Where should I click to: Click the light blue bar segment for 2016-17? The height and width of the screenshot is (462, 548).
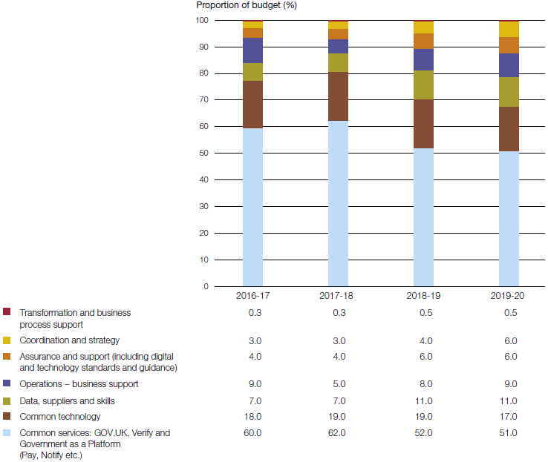click(252, 208)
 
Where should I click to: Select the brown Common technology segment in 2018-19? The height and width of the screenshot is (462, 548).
click(423, 124)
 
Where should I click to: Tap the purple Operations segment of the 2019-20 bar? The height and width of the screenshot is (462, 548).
click(509, 65)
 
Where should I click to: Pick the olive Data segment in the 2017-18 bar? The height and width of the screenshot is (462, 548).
click(338, 62)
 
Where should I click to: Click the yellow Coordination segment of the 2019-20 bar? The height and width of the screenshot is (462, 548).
click(509, 30)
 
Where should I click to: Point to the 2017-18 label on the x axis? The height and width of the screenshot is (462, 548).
click(338, 295)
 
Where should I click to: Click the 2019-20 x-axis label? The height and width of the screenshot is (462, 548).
click(509, 295)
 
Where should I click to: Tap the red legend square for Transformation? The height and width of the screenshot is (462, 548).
click(7, 312)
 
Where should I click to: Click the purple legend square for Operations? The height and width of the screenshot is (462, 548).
click(7, 384)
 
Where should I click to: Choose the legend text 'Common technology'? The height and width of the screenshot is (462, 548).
click(59, 417)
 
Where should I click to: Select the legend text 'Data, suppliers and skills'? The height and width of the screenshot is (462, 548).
click(67, 400)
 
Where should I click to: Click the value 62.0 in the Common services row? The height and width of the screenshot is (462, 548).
click(338, 433)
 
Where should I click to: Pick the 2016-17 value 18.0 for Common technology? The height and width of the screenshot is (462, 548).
click(252, 417)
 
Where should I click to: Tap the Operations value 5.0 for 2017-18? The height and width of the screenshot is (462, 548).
click(338, 384)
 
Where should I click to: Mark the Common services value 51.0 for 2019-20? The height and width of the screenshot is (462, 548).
click(509, 433)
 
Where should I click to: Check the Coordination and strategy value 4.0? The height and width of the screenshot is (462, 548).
click(423, 340)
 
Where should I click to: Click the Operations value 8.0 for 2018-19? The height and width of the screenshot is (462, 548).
click(423, 384)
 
